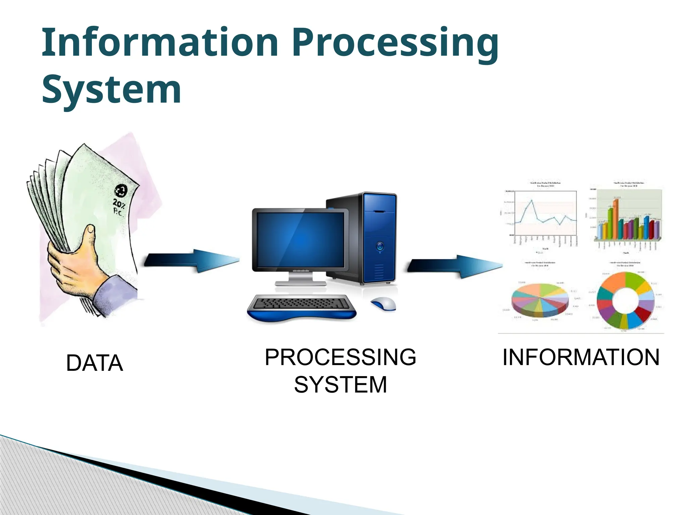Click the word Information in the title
pyautogui.click(x=159, y=43)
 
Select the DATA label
pyautogui.click(x=95, y=363)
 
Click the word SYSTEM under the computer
pyautogui.click(x=340, y=385)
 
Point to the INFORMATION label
pyautogui.click(x=581, y=357)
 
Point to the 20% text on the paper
pyautogui.click(x=119, y=203)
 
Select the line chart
pyautogui.click(x=545, y=215)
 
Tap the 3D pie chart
pyautogui.click(x=539, y=299)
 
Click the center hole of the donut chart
pyautogui.click(x=625, y=298)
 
